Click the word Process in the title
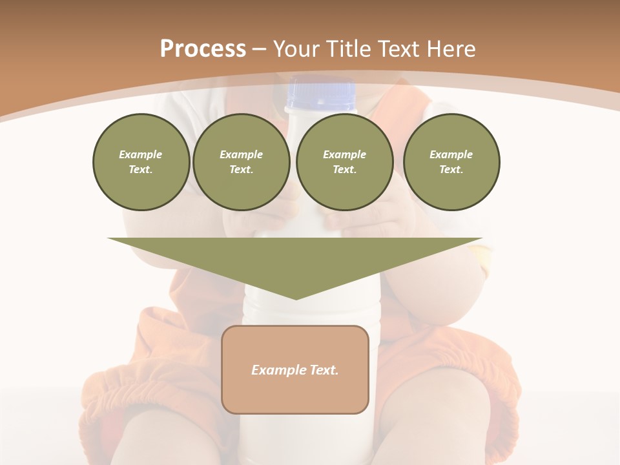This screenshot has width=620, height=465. click(203, 49)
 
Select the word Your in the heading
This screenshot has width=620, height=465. click(298, 49)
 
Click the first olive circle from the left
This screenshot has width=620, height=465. click(141, 162)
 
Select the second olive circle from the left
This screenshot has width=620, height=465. click(242, 162)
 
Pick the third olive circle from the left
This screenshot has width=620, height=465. click(345, 162)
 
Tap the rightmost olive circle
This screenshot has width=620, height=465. click(451, 162)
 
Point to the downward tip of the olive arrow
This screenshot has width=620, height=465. click(295, 298)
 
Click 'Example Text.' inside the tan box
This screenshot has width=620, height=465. click(295, 370)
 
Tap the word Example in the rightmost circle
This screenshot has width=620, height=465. click(451, 154)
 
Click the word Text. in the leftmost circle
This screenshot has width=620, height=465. click(141, 170)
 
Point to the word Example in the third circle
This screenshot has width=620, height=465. click(345, 154)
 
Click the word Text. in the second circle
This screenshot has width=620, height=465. click(241, 170)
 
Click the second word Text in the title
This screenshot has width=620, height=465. click(400, 49)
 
